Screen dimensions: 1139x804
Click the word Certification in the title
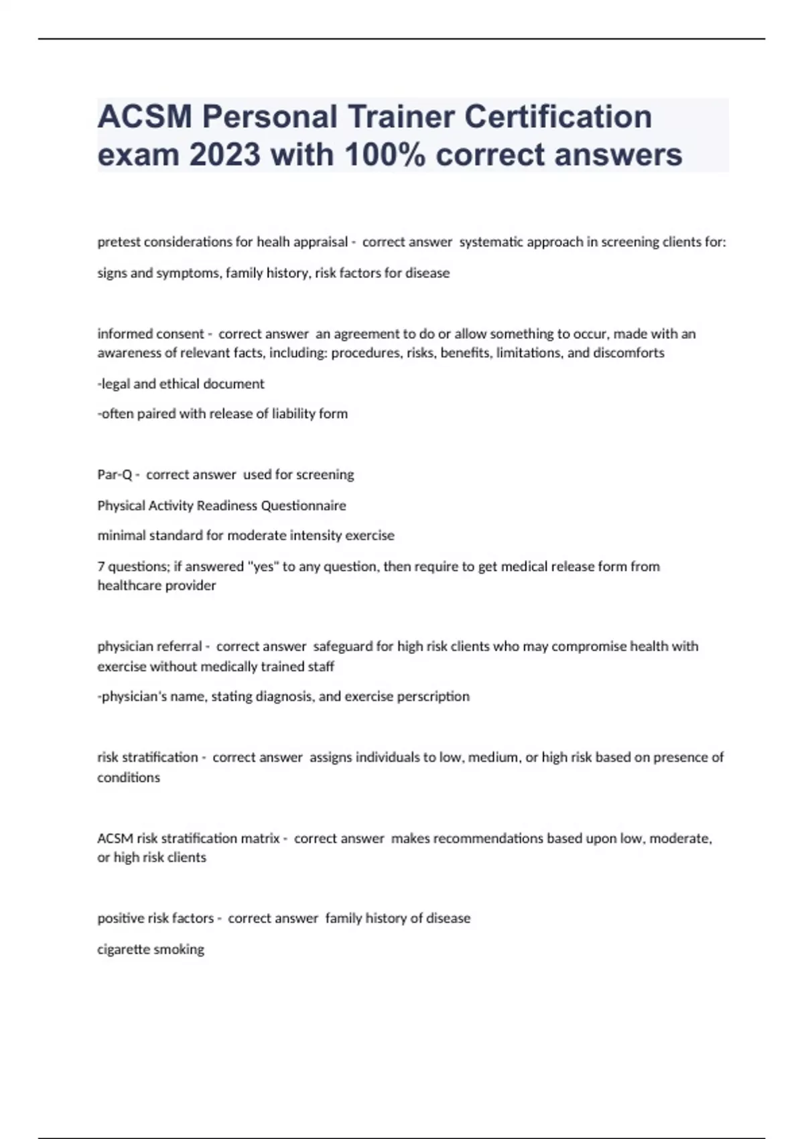pyautogui.click(x=558, y=117)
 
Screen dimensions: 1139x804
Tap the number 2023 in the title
pyautogui.click(x=224, y=155)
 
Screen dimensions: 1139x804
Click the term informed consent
pyautogui.click(x=151, y=334)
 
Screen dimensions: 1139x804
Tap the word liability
pyautogui.click(x=294, y=413)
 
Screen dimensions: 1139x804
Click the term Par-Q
pyautogui.click(x=115, y=474)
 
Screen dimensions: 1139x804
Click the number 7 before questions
pyautogui.click(x=101, y=566)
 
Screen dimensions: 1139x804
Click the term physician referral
pyautogui.click(x=149, y=647)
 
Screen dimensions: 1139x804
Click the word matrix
pyautogui.click(x=260, y=838)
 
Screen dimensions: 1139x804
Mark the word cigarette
pyautogui.click(x=123, y=949)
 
